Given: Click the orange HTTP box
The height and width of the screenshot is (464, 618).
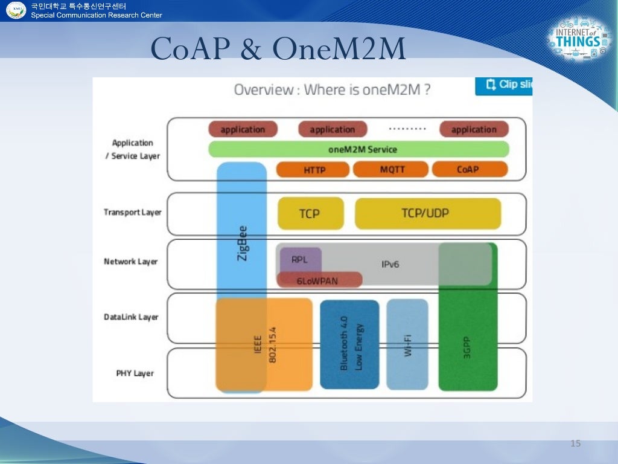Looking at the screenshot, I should [313, 170].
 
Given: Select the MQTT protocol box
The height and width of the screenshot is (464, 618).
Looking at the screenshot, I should [390, 170].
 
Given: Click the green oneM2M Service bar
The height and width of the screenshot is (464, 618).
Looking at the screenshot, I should [358, 149].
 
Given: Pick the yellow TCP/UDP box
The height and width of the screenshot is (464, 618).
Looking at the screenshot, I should [427, 213].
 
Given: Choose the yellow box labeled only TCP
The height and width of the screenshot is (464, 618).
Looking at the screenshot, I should [310, 213].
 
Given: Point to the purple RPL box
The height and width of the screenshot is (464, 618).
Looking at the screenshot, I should [300, 259].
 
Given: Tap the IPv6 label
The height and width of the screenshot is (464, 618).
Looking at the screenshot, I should [390, 264].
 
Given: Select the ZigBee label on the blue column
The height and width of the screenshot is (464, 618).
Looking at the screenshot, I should [242, 243].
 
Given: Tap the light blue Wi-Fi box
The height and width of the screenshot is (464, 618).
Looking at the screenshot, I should [407, 345].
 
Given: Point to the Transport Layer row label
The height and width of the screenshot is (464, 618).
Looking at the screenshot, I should [132, 213].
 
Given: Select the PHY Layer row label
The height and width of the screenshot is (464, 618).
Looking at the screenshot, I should [135, 373].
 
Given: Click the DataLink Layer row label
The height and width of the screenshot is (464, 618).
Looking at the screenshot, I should [131, 317].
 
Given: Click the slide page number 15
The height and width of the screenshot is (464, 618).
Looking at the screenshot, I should [575, 444].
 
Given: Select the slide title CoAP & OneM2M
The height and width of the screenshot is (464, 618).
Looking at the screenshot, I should [278, 50].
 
